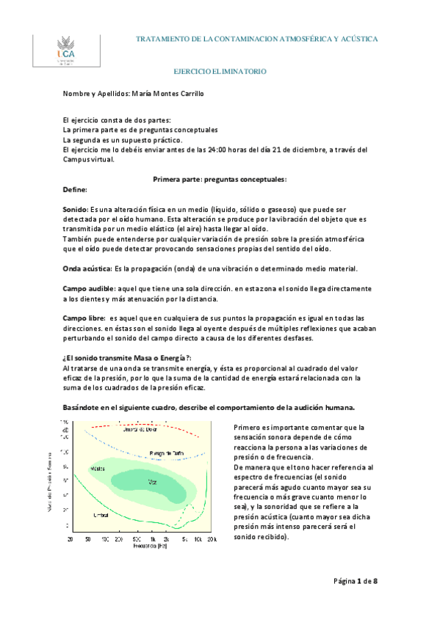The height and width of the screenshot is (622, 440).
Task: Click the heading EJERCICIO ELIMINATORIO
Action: point(220,72)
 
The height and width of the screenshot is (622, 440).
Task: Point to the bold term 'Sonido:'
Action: point(76,210)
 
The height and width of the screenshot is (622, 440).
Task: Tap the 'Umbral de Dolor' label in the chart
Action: point(140,430)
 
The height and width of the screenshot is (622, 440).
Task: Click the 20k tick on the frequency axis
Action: point(212,538)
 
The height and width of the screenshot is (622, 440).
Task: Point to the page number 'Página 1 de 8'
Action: point(355,581)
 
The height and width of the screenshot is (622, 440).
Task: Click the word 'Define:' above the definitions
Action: point(76,189)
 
